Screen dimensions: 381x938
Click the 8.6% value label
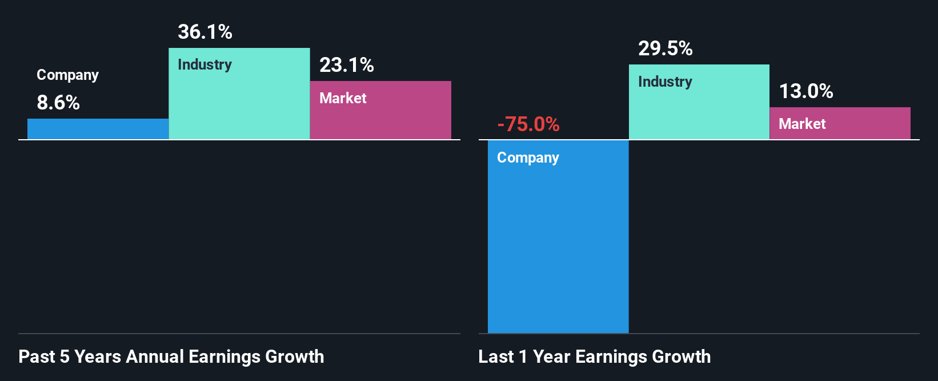(58, 103)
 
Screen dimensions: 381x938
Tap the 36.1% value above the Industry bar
(205, 32)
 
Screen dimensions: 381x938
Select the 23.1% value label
(347, 65)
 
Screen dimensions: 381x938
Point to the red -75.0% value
(528, 124)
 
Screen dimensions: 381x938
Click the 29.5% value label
(666, 48)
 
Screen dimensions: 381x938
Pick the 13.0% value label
(806, 91)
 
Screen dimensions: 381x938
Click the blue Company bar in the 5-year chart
(98, 129)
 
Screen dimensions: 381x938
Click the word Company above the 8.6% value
(67, 75)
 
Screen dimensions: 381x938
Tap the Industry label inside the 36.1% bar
(205, 65)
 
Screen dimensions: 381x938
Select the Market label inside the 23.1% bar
(343, 98)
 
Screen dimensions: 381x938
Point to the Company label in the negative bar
(528, 158)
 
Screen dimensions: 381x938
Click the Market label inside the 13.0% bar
(802, 124)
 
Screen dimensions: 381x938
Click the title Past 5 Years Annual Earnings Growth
(171, 357)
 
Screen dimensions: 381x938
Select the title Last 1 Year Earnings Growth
(595, 357)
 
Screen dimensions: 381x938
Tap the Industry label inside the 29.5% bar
(665, 82)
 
